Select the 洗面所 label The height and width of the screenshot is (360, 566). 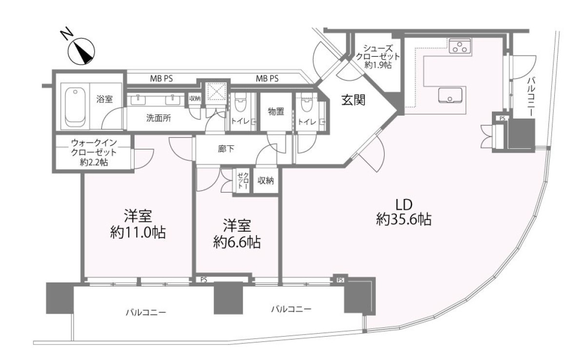[158, 118]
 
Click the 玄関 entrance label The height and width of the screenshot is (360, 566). [353, 100]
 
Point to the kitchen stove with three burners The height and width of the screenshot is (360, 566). [460, 46]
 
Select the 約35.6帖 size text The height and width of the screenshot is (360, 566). [404, 219]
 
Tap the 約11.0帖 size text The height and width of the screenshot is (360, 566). [138, 232]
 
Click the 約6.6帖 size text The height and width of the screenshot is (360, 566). [237, 241]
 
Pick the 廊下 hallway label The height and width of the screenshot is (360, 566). [226, 148]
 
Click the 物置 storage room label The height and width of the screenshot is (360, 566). [276, 112]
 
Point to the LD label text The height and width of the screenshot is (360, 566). [404, 205]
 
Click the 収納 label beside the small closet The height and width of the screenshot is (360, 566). [265, 180]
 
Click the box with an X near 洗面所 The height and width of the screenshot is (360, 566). [215, 92]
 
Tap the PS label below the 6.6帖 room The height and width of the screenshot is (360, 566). [204, 280]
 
